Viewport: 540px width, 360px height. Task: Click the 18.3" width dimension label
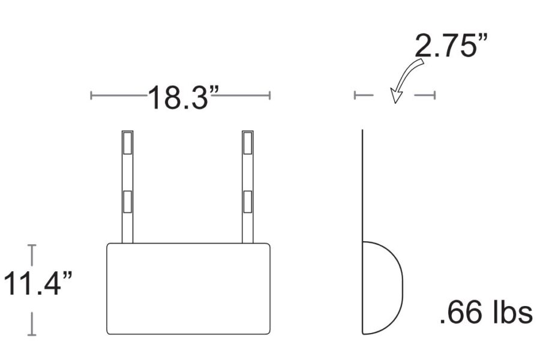point(183,97)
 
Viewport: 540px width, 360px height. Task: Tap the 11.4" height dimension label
point(38,283)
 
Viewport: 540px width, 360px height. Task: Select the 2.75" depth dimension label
point(451,46)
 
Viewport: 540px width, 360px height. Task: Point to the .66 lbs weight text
point(486,313)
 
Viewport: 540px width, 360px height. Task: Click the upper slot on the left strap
point(127,143)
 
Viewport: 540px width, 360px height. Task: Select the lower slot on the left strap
point(127,202)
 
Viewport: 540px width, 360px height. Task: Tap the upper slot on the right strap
point(248,143)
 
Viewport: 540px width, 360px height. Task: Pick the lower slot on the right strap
point(248,202)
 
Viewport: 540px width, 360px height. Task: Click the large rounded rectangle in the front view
point(188,244)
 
